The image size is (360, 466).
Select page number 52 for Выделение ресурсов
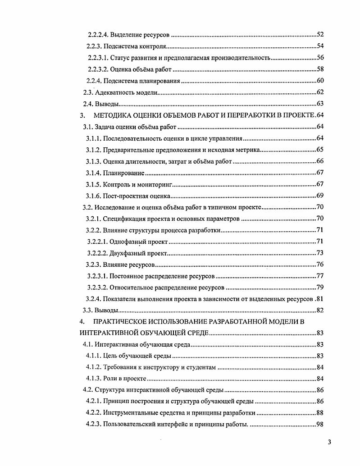320,35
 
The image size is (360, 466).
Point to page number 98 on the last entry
320,425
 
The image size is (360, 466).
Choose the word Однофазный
129,242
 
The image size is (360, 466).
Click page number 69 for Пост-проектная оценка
320,196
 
